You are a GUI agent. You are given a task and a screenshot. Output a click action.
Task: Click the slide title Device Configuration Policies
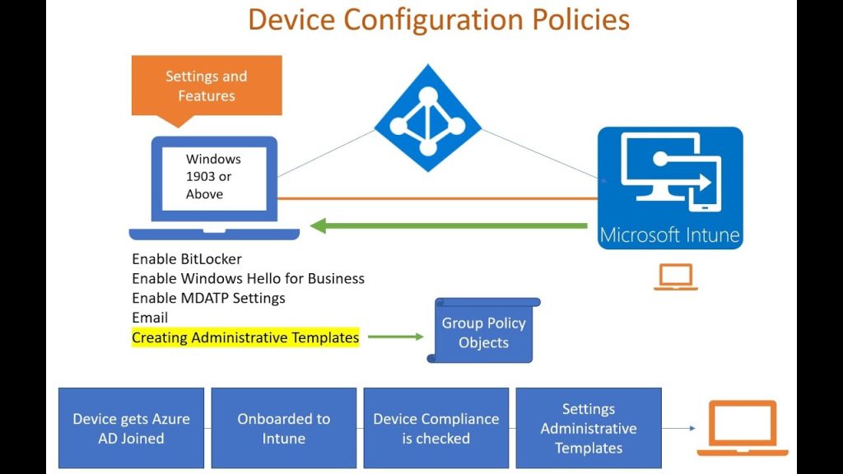(439, 19)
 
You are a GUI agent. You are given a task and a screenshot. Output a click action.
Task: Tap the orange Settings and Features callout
(206, 86)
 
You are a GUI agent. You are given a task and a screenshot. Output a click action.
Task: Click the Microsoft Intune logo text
(669, 235)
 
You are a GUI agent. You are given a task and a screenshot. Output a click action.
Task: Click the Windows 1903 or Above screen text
(213, 176)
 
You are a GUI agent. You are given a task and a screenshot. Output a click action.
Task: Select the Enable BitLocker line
(187, 259)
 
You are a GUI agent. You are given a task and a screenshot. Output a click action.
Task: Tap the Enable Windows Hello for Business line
(248, 278)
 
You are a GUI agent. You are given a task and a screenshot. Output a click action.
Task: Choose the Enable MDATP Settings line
(208, 298)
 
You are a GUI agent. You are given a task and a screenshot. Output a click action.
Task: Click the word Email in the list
(150, 318)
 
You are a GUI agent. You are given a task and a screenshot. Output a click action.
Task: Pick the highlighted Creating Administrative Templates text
(245, 337)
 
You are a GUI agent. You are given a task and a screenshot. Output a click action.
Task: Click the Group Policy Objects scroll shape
(483, 332)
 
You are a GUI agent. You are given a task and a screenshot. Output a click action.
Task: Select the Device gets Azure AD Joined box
(131, 428)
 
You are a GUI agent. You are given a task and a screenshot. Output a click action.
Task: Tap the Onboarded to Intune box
(283, 428)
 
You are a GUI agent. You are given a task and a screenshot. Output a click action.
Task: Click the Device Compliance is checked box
(435, 428)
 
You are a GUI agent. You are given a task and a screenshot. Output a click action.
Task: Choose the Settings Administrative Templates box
(588, 428)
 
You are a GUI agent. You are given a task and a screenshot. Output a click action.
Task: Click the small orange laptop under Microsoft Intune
(675, 277)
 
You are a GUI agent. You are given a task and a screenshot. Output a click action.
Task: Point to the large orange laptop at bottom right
(742, 428)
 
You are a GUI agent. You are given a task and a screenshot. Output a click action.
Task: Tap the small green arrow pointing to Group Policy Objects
(395, 337)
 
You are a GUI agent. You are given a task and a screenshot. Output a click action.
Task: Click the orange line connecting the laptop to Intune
(436, 198)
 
